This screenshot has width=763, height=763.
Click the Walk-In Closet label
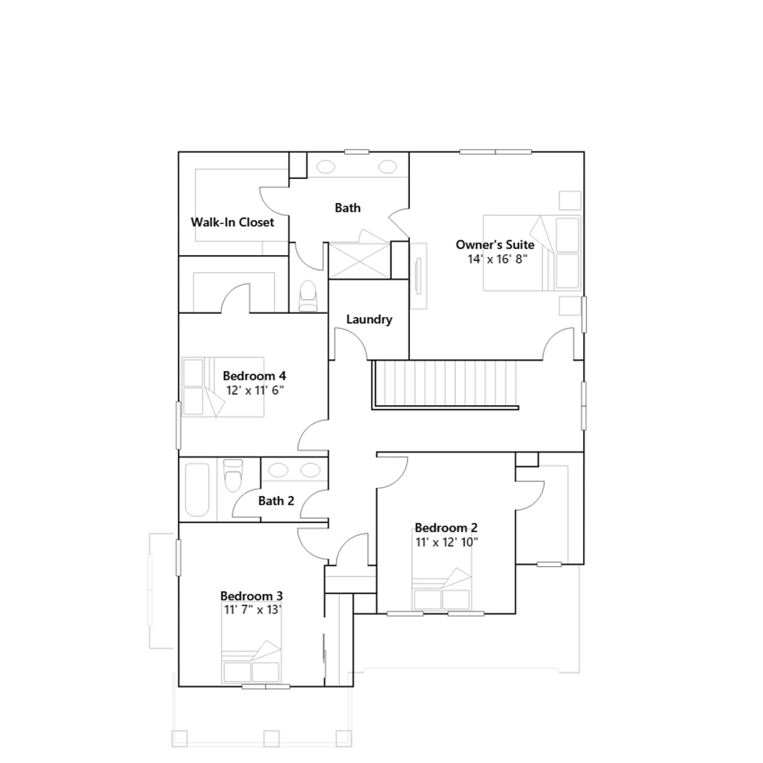[x=232, y=222]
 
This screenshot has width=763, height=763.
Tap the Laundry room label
[x=369, y=320]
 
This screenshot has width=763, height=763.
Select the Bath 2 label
[x=276, y=501]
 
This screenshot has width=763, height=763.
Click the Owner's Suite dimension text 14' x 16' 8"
[x=497, y=259]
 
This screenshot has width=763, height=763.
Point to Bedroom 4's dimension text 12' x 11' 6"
[x=255, y=390]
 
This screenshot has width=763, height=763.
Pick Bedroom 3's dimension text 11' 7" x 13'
[x=252, y=609]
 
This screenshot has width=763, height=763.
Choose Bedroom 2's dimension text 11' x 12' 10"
[x=447, y=542]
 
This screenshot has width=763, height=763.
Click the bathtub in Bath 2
[x=197, y=490]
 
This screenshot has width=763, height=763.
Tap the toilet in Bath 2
[x=233, y=475]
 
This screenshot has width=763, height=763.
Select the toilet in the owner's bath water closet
[x=308, y=296]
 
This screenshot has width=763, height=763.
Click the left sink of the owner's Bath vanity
[x=326, y=167]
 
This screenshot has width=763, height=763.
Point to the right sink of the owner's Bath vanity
[x=388, y=167]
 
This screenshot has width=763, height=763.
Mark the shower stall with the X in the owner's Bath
[x=360, y=260]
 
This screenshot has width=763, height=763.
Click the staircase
[x=445, y=384]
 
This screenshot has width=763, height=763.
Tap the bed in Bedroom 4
[x=223, y=387]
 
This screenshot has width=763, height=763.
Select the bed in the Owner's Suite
[x=532, y=253]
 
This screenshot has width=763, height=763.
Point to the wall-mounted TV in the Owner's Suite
[x=419, y=276]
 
